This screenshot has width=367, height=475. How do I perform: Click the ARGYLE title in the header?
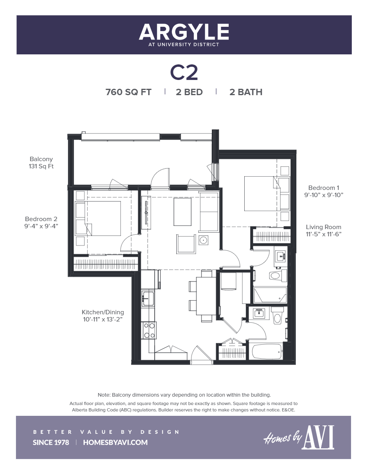(x=184, y=32)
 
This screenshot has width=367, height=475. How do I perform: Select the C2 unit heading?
(x=184, y=72)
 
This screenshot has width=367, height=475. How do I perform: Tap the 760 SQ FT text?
(x=128, y=92)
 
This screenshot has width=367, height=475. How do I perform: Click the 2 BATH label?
(x=245, y=92)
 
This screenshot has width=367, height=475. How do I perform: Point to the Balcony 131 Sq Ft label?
(x=41, y=163)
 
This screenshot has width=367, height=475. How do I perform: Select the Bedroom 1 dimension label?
(x=324, y=192)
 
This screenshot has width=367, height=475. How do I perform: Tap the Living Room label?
(x=323, y=230)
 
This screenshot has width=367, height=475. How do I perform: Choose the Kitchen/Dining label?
(x=103, y=316)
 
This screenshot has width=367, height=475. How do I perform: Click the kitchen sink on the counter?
(x=148, y=298)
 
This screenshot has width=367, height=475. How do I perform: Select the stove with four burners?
(x=150, y=330)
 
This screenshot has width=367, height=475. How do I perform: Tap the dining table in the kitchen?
(x=207, y=296)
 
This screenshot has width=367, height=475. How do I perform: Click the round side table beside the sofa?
(x=203, y=240)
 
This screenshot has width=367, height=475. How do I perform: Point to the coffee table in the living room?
(x=182, y=212)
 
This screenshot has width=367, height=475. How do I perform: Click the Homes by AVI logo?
(x=299, y=437)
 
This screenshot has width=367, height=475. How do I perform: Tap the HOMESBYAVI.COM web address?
(x=116, y=442)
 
